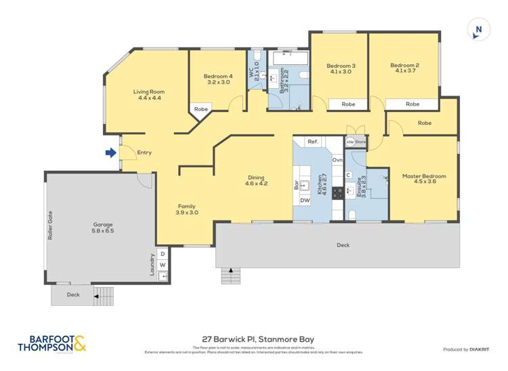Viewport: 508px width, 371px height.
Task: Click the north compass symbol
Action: click(478, 30)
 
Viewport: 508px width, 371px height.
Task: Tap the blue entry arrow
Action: click(110, 153)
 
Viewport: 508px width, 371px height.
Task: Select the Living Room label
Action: click(148, 95)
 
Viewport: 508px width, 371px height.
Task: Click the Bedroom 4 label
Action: click(217, 80)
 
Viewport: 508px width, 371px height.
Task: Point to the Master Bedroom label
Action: click(424, 180)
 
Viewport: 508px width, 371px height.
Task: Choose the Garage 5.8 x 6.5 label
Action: click(103, 228)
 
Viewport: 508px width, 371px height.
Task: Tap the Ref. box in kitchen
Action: click(312, 142)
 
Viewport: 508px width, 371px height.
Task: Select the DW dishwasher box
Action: click(305, 201)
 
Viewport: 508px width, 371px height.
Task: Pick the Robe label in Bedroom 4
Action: click(201, 109)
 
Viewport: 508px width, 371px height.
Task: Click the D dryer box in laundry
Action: click(163, 254)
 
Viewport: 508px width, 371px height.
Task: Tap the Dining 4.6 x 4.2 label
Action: click(254, 179)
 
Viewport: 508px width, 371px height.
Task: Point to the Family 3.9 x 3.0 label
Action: click(187, 209)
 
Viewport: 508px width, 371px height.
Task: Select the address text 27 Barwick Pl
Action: click(257, 339)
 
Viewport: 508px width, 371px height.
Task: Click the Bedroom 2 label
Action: click(404, 69)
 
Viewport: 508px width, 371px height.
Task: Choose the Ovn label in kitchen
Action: click(337, 160)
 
